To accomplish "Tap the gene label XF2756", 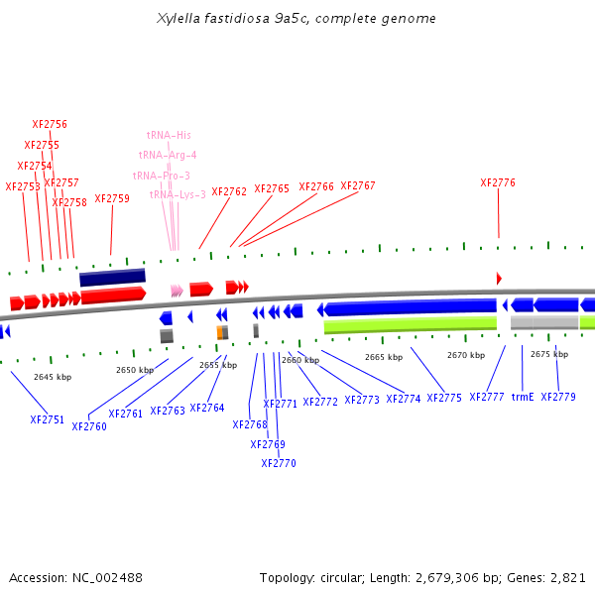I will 50,125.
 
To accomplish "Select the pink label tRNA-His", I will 169,135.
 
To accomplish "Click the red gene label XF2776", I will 498,182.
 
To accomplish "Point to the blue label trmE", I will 523,397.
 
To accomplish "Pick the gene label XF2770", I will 279,463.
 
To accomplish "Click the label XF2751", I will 47,419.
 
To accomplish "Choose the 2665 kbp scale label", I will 384,357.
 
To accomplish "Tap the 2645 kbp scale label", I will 53,377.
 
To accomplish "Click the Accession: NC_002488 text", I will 75,577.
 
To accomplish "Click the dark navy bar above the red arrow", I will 112,277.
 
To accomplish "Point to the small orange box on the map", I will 221,332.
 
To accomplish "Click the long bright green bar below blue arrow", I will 410,325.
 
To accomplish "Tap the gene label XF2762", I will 229,192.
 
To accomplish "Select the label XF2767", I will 358,186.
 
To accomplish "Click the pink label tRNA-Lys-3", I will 178,194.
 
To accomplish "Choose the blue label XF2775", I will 444,398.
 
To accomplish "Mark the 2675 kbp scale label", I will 548,354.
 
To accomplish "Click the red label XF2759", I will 112,198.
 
